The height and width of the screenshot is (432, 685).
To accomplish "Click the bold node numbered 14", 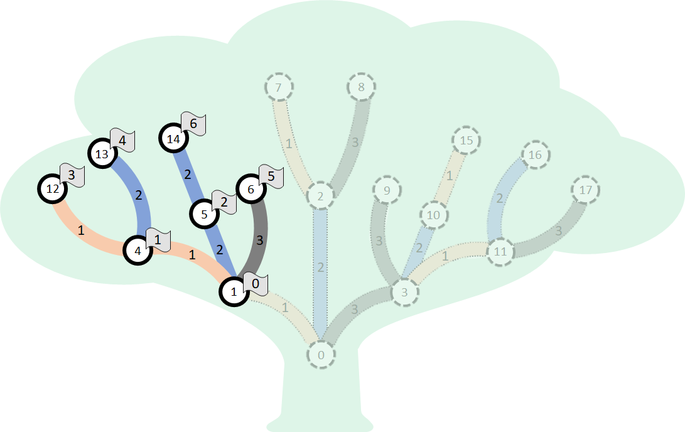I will [x=174, y=139].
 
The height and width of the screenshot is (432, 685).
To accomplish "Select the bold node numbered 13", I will [x=102, y=154].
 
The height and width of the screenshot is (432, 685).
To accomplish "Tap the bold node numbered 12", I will [x=53, y=188].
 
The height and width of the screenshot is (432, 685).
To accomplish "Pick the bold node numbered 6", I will [x=251, y=188].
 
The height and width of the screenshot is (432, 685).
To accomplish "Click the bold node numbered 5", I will [x=205, y=214].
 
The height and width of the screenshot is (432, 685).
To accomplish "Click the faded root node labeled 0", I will [x=321, y=355].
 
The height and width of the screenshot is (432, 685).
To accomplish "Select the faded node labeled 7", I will [x=278, y=87].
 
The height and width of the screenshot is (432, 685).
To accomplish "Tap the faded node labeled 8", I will [x=361, y=87].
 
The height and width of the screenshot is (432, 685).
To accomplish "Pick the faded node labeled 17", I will [x=585, y=189].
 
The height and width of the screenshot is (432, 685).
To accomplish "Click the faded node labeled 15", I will [x=466, y=140].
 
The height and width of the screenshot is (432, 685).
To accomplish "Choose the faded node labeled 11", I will [x=500, y=252].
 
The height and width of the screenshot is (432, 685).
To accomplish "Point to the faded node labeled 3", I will [x=405, y=292].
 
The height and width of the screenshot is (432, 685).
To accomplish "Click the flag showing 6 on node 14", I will [x=194, y=124].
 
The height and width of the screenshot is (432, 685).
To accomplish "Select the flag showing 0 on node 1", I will [x=256, y=284].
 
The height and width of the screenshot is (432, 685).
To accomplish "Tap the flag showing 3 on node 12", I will [x=72, y=175].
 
